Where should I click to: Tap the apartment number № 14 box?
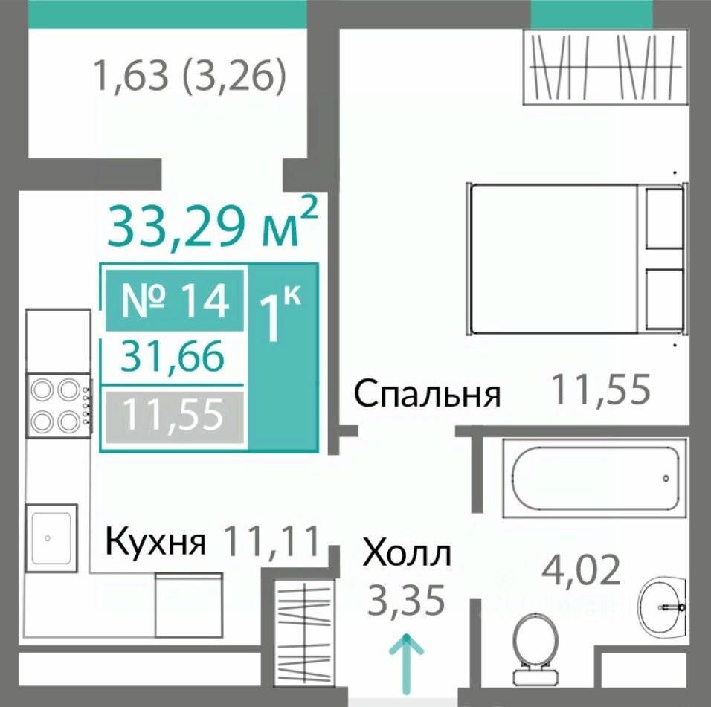click(175, 300)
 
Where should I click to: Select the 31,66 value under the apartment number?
click(173, 357)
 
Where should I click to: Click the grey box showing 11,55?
click(175, 415)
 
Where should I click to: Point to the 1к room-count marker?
click(280, 313)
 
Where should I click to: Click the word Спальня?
click(427, 394)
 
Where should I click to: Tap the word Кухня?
click(155, 541)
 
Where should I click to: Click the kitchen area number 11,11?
click(272, 540)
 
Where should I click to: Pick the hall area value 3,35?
click(406, 600)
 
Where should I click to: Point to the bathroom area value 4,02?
click(581, 570)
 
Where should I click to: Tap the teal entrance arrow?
click(406, 665)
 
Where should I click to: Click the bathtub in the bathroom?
click(596, 478)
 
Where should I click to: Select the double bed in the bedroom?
click(577, 259)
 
